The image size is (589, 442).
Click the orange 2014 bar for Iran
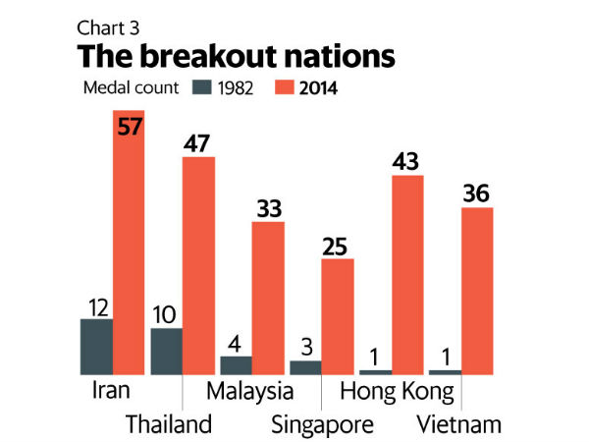coord(129,246)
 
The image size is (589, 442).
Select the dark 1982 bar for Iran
coord(97,347)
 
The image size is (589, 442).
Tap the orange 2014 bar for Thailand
coord(198,265)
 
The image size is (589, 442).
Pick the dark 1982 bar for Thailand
coord(166,352)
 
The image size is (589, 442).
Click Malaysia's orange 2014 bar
coord(268,298)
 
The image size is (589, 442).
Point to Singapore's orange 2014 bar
coord(338,316)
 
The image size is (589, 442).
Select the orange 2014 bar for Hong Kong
coord(407,275)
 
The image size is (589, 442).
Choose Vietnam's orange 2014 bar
coord(476,291)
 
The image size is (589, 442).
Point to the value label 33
coord(268,208)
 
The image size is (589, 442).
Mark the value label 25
coord(338,245)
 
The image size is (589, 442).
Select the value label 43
coord(407,161)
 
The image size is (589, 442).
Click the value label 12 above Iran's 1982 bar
coord(97,305)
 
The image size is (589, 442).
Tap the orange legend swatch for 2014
coord(285,87)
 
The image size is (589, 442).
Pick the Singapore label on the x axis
coord(321,425)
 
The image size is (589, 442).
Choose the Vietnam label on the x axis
coord(459,425)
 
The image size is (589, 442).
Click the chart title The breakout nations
coord(238,55)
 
